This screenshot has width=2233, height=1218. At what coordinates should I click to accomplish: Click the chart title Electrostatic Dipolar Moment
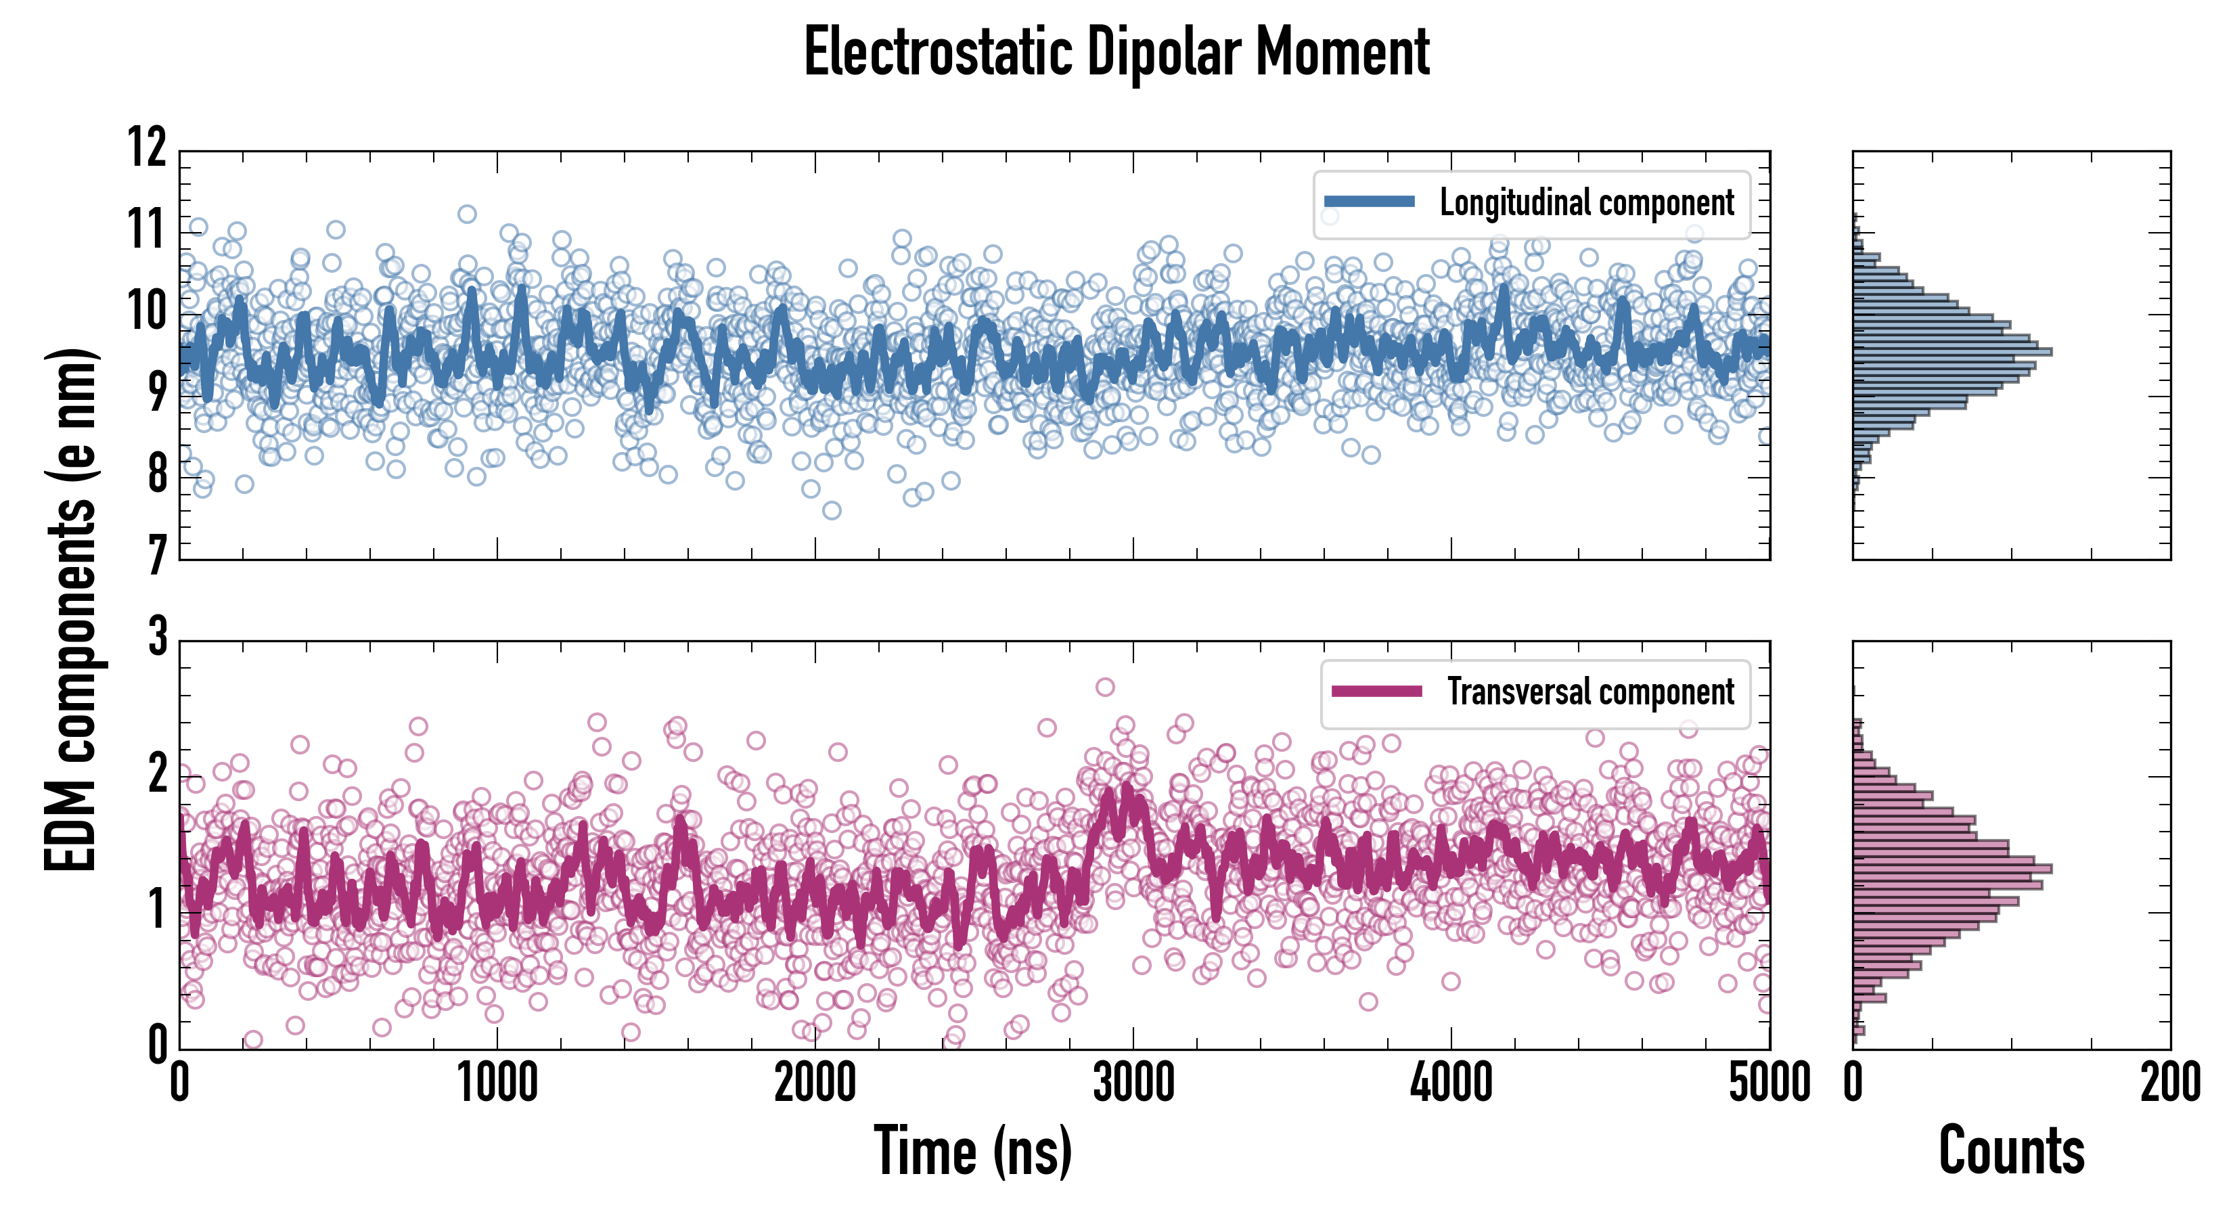tap(1116, 53)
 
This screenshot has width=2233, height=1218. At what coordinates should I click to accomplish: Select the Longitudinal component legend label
tap(1586, 203)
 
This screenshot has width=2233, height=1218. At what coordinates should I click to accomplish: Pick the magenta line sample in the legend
tap(1376, 692)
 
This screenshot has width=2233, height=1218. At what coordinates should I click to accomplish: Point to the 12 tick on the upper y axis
tap(148, 148)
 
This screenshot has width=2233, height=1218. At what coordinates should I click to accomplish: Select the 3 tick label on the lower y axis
tap(157, 637)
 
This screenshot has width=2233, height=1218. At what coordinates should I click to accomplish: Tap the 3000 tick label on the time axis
tap(1133, 1083)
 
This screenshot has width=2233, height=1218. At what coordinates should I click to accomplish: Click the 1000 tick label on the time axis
tap(497, 1083)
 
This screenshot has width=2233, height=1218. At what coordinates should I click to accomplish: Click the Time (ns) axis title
tap(972, 1151)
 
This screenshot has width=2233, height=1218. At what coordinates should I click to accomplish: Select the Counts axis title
tap(2011, 1151)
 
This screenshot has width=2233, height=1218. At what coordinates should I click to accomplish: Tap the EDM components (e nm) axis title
tap(71, 610)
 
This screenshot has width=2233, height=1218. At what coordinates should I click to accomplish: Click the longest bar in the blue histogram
tap(1952, 352)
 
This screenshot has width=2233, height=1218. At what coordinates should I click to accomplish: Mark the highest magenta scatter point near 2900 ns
tap(1105, 687)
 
